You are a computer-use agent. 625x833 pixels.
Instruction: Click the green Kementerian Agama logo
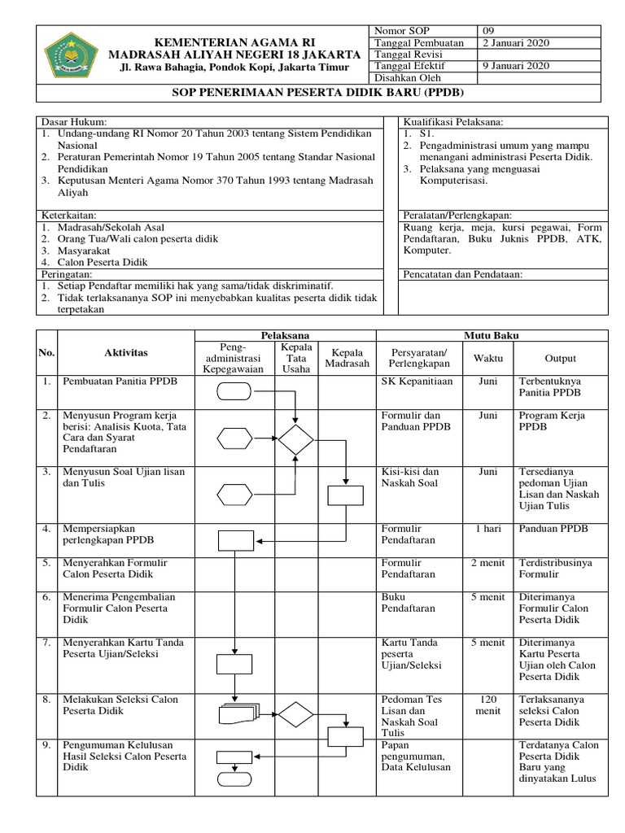pyautogui.click(x=72, y=55)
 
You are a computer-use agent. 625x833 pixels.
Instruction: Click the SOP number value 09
pyautogui.click(x=489, y=30)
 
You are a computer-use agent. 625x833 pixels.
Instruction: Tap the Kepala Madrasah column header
pyautogui.click(x=347, y=358)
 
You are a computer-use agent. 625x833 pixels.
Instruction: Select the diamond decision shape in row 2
pyautogui.click(x=295, y=440)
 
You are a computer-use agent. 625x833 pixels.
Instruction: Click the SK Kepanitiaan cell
pyautogui.click(x=418, y=381)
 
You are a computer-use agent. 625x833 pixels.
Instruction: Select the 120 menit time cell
pyautogui.click(x=488, y=704)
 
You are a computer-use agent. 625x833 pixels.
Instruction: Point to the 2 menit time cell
pyautogui.click(x=488, y=563)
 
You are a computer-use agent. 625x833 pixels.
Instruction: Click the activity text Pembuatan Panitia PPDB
pyautogui.click(x=120, y=381)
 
